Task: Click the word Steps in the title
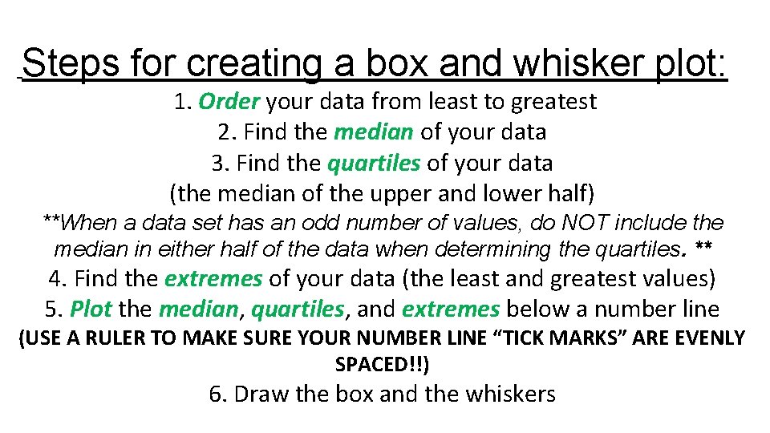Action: point(65,63)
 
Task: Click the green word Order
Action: point(229,102)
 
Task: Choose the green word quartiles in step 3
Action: point(374,163)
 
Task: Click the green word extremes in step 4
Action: point(213,279)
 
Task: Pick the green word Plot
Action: point(91,309)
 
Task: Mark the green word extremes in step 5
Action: point(452,309)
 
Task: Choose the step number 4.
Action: point(56,279)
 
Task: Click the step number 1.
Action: point(179,102)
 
